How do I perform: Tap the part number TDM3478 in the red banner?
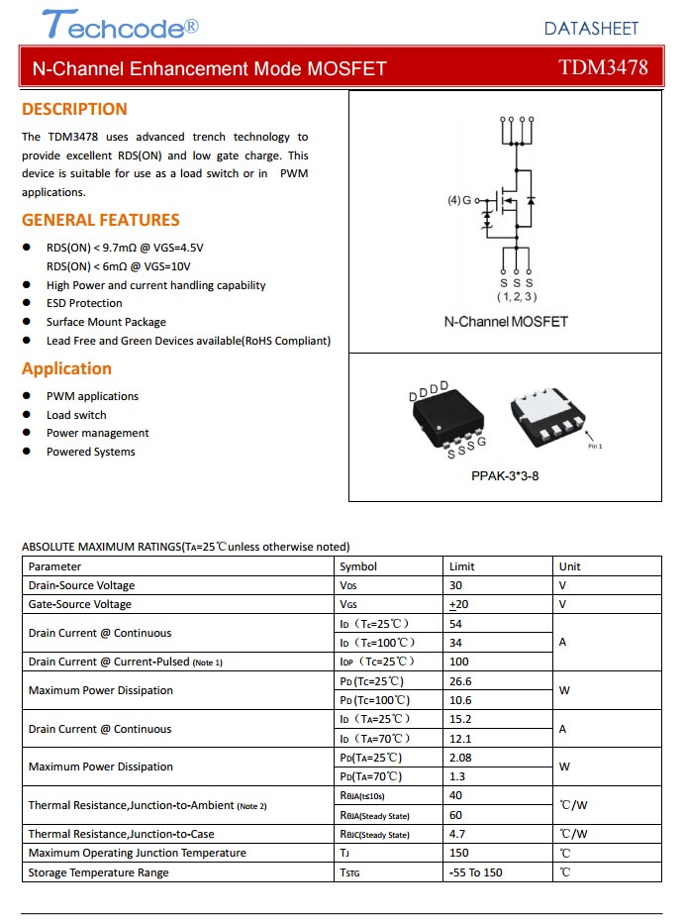(603, 67)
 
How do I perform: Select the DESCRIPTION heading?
(74, 109)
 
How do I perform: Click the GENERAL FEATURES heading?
(101, 220)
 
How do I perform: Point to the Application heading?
(66, 368)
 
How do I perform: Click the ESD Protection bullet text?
(84, 303)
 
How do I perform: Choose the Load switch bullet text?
(76, 415)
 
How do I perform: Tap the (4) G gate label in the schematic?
(459, 200)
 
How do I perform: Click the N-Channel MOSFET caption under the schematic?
(506, 322)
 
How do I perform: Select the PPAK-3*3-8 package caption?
(505, 475)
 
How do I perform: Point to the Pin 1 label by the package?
(595, 446)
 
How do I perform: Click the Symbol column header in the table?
(357, 566)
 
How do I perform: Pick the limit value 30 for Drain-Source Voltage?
(455, 585)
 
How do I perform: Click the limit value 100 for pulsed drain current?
(458, 662)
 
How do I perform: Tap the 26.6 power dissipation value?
(460, 681)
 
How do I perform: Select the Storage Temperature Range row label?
(98, 872)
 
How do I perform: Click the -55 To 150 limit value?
(475, 872)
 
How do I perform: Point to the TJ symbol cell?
(344, 853)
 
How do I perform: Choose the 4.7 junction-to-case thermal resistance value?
(456, 834)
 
